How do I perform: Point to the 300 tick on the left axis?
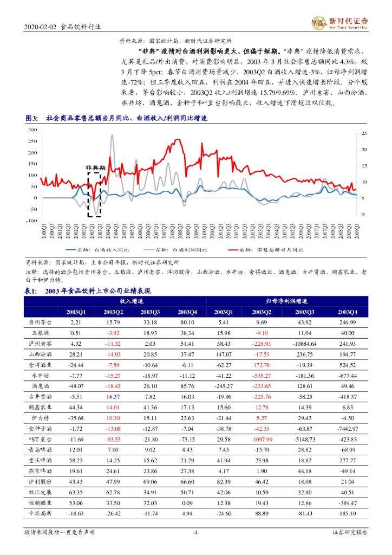point(32,130)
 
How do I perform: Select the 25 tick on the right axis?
point(364,133)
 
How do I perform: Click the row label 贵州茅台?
point(41,322)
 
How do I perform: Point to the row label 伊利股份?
point(41,481)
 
